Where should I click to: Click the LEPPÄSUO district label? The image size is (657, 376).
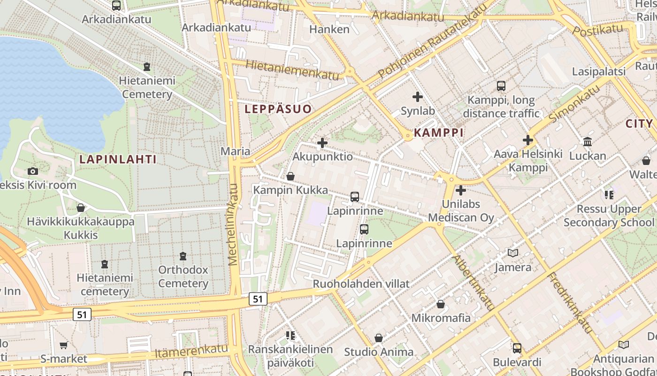pyautogui.click(x=278, y=109)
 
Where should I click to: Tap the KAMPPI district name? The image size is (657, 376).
pyautogui.click(x=438, y=133)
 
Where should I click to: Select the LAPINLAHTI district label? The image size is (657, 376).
pyautogui.click(x=118, y=159)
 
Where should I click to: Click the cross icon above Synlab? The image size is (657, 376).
pyautogui.click(x=417, y=97)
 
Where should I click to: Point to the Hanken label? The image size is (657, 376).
pyautogui.click(x=329, y=29)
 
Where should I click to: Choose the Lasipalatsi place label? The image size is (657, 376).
pyautogui.click(x=599, y=71)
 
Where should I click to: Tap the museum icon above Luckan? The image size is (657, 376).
pyautogui.click(x=587, y=141)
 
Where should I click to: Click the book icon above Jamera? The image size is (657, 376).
pyautogui.click(x=513, y=253)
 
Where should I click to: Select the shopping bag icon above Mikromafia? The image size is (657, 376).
pyautogui.click(x=440, y=304)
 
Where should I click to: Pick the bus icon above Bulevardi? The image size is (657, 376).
pyautogui.click(x=517, y=348)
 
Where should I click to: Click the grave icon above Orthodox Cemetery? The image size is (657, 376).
pyautogui.click(x=183, y=256)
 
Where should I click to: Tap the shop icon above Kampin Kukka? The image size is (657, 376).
pyautogui.click(x=290, y=177)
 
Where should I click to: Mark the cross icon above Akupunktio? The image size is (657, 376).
pyautogui.click(x=322, y=142)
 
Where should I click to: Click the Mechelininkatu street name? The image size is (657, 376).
pyautogui.click(x=233, y=230)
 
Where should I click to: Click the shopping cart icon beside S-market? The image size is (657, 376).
pyautogui.click(x=63, y=345)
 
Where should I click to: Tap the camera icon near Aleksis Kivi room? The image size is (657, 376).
pyautogui.click(x=32, y=171)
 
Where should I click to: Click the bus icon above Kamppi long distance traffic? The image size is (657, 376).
pyautogui.click(x=501, y=86)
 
